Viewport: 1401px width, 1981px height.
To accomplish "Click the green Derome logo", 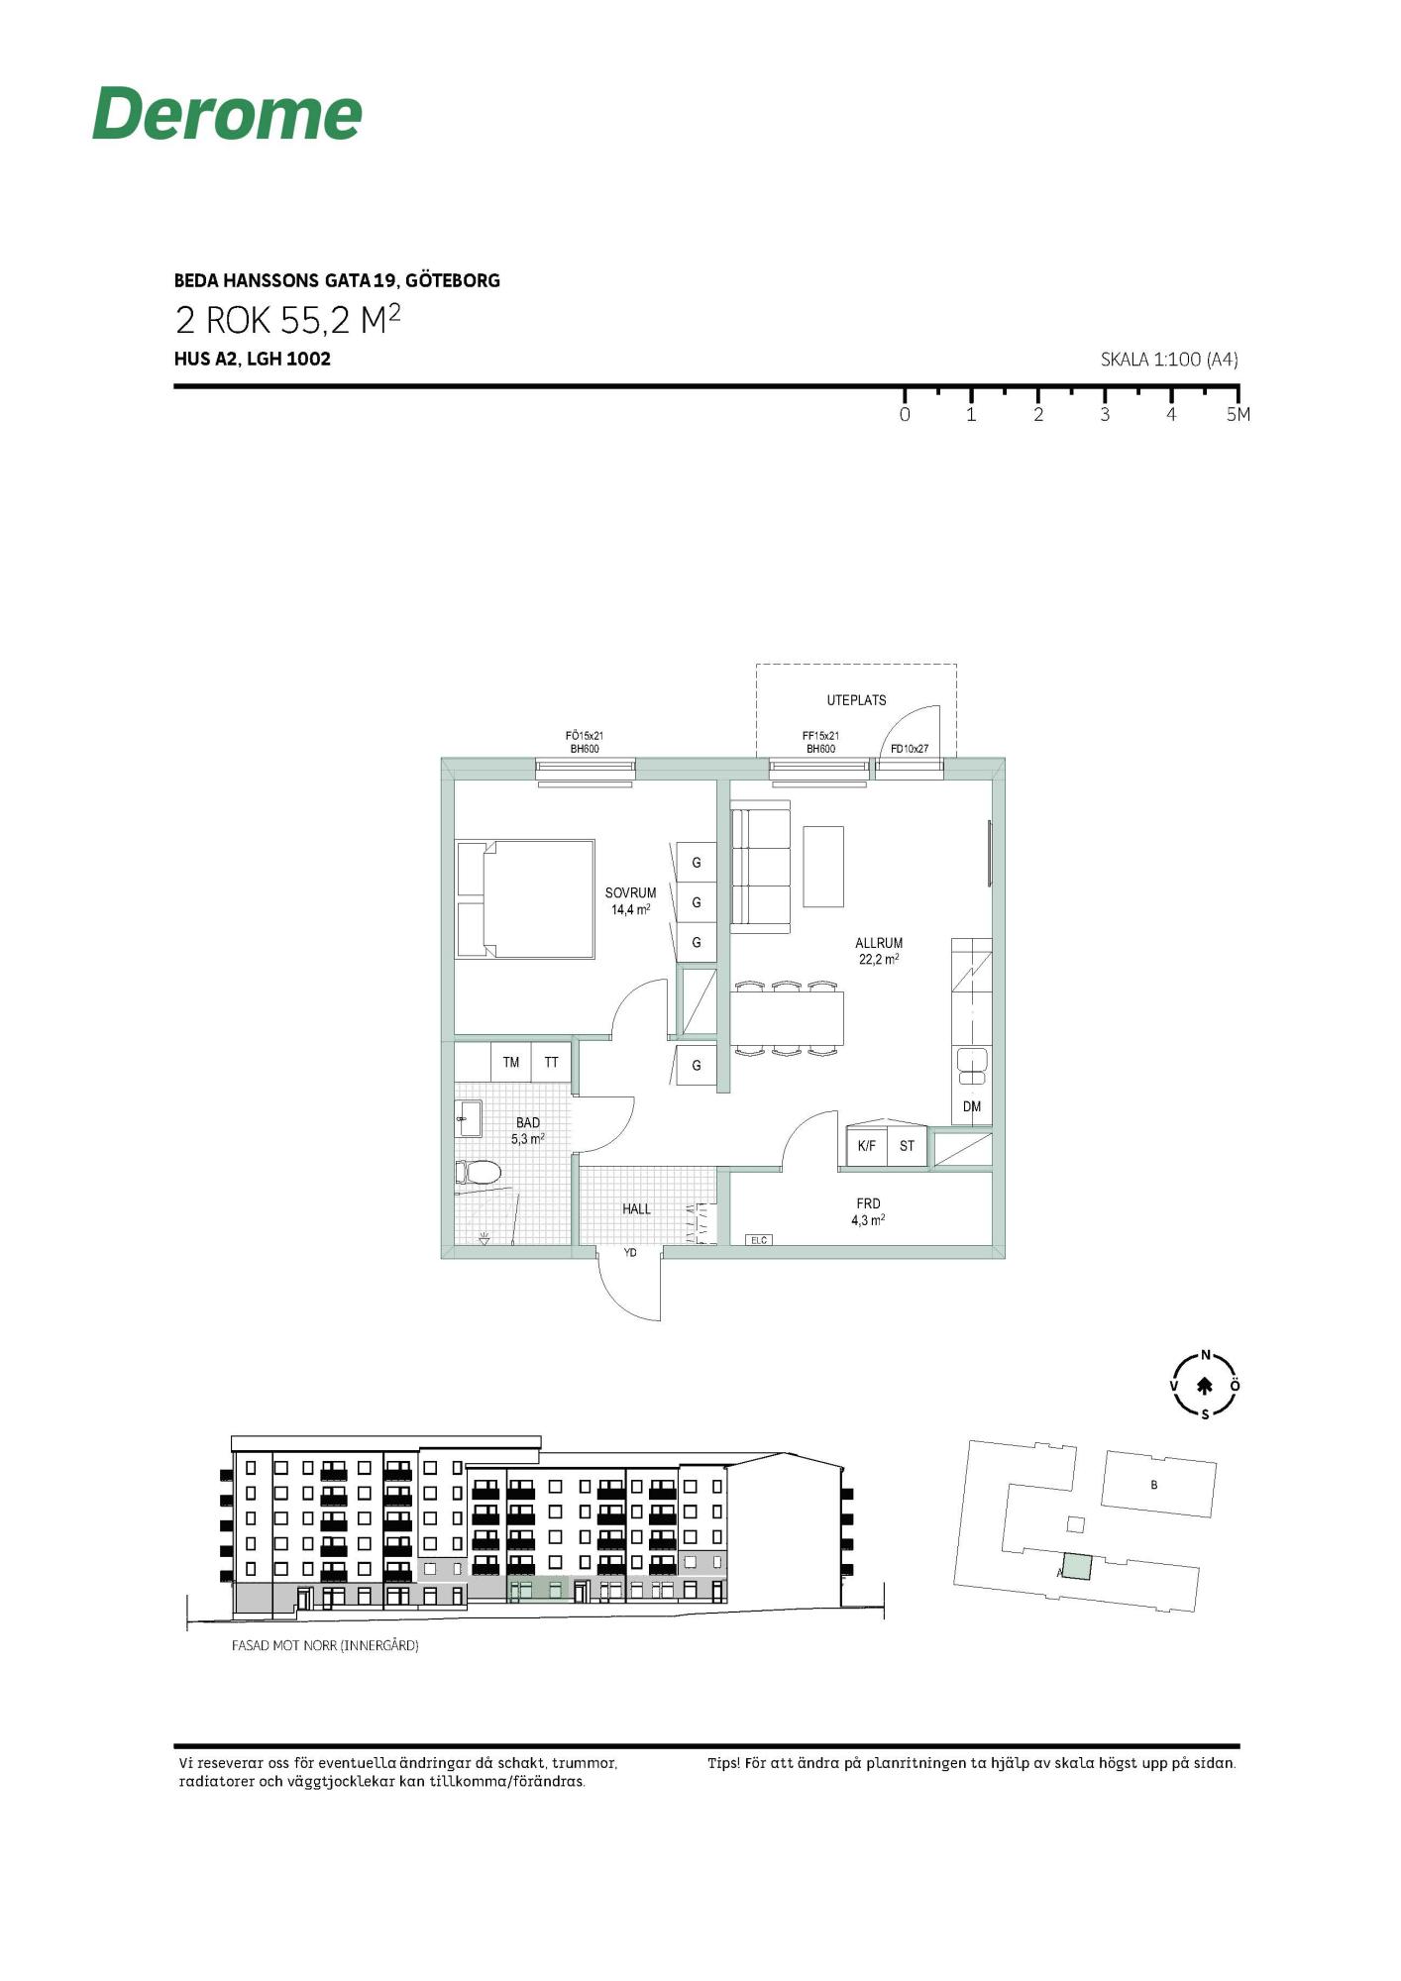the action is pyautogui.click(x=227, y=113).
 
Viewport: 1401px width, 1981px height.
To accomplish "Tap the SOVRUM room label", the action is pyautogui.click(x=630, y=892).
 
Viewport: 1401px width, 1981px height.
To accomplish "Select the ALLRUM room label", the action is pyautogui.click(x=879, y=943).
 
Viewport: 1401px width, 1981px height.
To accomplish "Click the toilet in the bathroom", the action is pyautogui.click(x=478, y=1173).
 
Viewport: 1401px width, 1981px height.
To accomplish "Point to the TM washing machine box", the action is pyautogui.click(x=511, y=1062).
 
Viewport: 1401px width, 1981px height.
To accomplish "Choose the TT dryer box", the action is pyautogui.click(x=552, y=1062).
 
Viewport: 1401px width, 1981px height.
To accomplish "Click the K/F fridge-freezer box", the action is pyautogui.click(x=867, y=1146).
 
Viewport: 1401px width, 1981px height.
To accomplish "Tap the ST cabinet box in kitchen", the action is pyautogui.click(x=907, y=1146).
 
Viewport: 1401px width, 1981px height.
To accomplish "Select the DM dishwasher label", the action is pyautogui.click(x=972, y=1106).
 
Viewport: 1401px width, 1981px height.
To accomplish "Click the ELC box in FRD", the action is pyautogui.click(x=758, y=1239).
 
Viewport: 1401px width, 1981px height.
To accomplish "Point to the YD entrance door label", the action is pyautogui.click(x=630, y=1253).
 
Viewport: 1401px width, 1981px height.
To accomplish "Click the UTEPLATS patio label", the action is pyautogui.click(x=856, y=700).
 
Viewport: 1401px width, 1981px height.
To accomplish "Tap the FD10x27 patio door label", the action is pyautogui.click(x=910, y=749).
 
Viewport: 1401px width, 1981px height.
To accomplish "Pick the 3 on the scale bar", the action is pyautogui.click(x=1105, y=415).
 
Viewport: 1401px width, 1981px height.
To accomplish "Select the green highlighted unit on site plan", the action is pyautogui.click(x=1077, y=1567).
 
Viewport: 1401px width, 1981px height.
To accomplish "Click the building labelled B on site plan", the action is pyautogui.click(x=1158, y=1484).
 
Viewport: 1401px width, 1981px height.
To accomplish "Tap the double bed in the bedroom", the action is pyautogui.click(x=525, y=899).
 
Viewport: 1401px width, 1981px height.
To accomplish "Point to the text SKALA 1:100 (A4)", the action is pyautogui.click(x=1169, y=360).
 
